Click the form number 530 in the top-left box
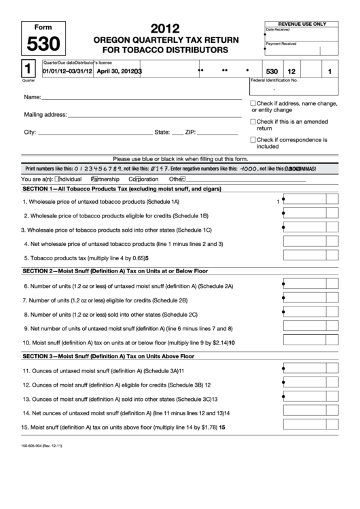point(42,45)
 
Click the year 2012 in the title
point(164,29)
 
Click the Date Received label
point(278,29)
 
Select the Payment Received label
point(281,43)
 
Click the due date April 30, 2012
point(116,71)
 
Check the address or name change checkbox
point(254,103)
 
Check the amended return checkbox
point(254,122)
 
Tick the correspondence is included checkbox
point(254,140)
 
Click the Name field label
point(33,99)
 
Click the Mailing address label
point(46,115)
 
